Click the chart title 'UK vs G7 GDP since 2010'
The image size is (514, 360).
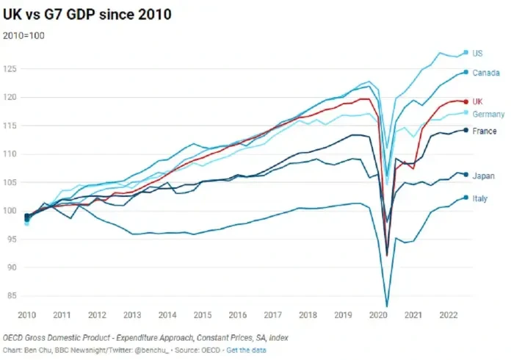[x=88, y=15]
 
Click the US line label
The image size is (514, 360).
[x=477, y=53]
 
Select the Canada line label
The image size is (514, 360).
[x=485, y=73]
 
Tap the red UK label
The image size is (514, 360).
[x=477, y=101]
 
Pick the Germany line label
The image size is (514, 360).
[x=488, y=114]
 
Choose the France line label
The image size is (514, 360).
[x=484, y=132]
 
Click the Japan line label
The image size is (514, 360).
[x=483, y=176]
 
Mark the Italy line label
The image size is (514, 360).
[x=480, y=198]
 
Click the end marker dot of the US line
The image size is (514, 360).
[x=466, y=52]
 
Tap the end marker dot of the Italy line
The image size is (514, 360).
[x=466, y=197]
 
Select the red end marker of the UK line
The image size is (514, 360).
[x=466, y=101]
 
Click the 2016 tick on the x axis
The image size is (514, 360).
[x=239, y=314]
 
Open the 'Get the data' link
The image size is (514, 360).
[x=247, y=350]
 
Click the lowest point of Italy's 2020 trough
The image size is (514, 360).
[x=387, y=306]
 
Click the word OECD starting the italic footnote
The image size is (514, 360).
[x=15, y=336]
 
